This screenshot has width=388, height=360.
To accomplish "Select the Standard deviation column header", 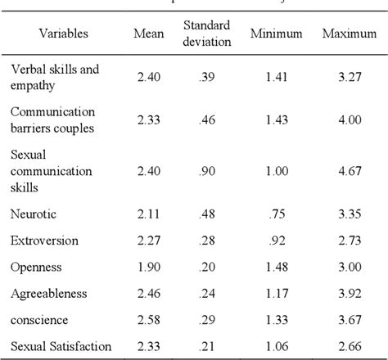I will tap(206, 34).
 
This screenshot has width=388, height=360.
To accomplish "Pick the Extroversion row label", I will tap(44, 241).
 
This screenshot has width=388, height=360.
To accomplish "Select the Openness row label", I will tap(36, 268).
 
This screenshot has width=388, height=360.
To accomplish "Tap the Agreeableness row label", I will tap(48, 294).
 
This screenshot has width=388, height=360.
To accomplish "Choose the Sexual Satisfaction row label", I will tap(61, 347).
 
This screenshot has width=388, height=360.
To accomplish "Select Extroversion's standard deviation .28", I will tap(206, 241).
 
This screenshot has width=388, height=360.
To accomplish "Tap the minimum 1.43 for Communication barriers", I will tap(279, 119).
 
